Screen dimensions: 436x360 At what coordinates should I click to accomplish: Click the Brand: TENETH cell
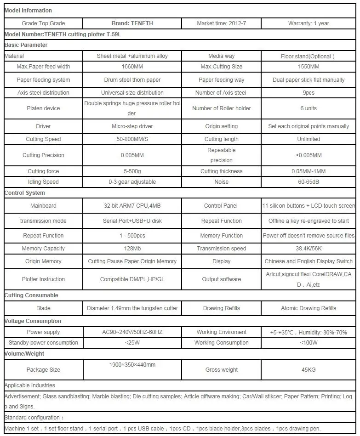pyautogui.click(x=132, y=23)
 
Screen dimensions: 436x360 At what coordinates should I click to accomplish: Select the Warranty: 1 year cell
pyautogui.click(x=309, y=23)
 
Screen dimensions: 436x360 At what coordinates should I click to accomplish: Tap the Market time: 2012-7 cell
pyautogui.click(x=221, y=23)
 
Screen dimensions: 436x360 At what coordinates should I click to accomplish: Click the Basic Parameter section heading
pyautogui.click(x=26, y=45)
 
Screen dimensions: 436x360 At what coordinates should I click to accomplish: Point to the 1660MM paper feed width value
pyautogui.click(x=132, y=67)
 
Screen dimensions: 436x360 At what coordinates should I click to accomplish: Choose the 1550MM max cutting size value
pyautogui.click(x=309, y=67)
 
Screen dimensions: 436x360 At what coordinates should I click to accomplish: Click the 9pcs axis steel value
pyautogui.click(x=309, y=92)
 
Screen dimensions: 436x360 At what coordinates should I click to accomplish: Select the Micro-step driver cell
pyautogui.click(x=132, y=126)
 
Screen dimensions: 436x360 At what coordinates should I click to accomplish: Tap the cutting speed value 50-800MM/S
pyautogui.click(x=132, y=139)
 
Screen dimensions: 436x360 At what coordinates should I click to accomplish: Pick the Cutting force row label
pyautogui.click(x=43, y=171)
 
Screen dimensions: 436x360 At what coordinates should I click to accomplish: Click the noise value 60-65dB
pyautogui.click(x=309, y=181)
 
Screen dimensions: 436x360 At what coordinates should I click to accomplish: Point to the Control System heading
pyautogui.click(x=25, y=193)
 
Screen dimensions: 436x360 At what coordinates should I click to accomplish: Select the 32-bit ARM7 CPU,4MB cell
pyautogui.click(x=132, y=206)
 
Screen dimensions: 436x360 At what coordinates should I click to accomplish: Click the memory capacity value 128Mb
pyautogui.click(x=132, y=249)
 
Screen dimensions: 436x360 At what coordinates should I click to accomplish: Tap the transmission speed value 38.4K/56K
pyautogui.click(x=221, y=249)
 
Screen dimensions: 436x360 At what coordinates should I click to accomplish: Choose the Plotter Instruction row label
pyautogui.click(x=43, y=279)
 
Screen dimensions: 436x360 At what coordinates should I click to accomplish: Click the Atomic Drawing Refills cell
pyautogui.click(x=309, y=308)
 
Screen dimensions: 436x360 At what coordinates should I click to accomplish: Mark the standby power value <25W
pyautogui.click(x=132, y=342)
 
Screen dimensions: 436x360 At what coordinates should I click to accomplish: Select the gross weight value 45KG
pyautogui.click(x=309, y=369)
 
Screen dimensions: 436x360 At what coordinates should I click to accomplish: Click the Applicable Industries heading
pyautogui.click(x=29, y=385)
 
